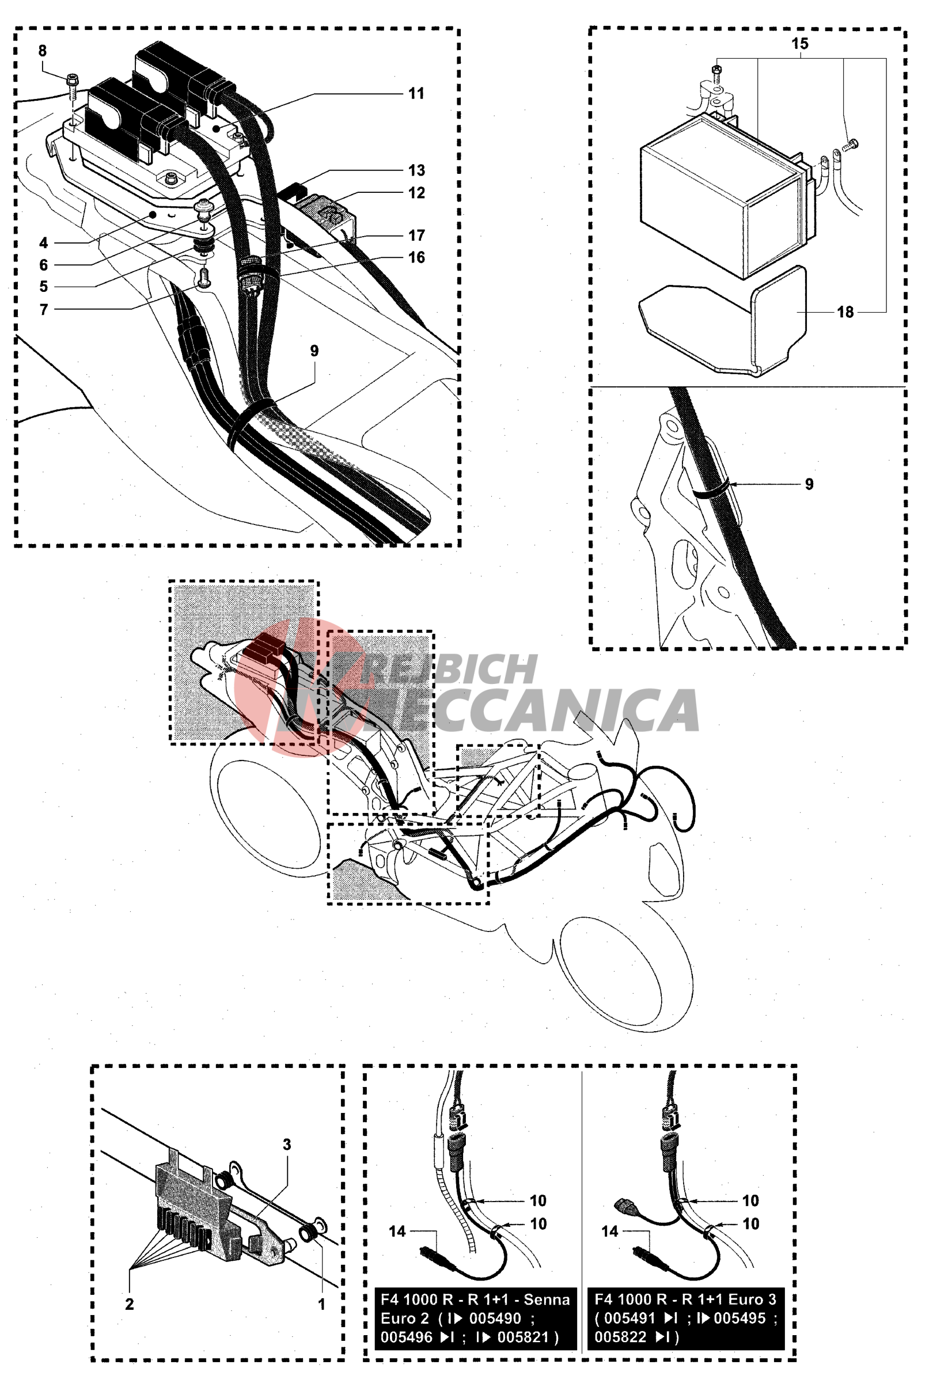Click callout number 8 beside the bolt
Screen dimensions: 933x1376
pyautogui.click(x=42, y=51)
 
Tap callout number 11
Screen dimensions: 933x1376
pyautogui.click(x=416, y=93)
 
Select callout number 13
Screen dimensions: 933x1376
pyautogui.click(x=416, y=170)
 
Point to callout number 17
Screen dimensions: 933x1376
pyautogui.click(x=416, y=235)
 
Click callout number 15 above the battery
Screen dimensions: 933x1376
pyautogui.click(x=800, y=44)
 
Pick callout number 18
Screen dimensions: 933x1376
pyautogui.click(x=845, y=312)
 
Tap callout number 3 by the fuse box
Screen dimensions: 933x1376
pyautogui.click(x=287, y=1145)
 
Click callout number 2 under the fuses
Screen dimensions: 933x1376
pyautogui.click(x=129, y=1303)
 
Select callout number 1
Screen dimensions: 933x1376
pyautogui.click(x=322, y=1304)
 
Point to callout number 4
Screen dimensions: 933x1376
pyautogui.click(x=44, y=243)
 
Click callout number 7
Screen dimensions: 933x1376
pyautogui.click(x=44, y=310)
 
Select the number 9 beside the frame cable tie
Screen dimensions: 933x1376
pyautogui.click(x=809, y=484)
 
